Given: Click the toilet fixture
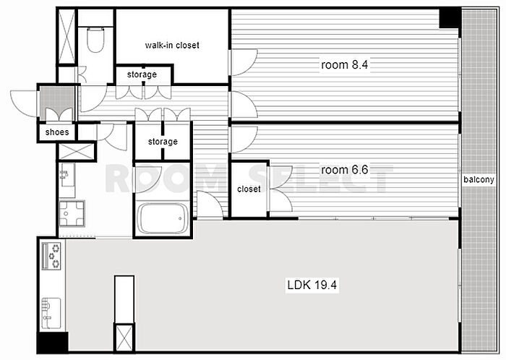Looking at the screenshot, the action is (96, 40).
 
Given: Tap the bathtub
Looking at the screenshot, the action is (163, 218).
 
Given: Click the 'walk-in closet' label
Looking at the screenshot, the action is (172, 45).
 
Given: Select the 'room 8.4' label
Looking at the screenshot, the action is (344, 65).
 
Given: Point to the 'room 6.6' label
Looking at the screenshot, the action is (344, 170).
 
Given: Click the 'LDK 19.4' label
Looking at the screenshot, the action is (312, 285).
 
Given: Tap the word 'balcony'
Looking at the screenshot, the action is (479, 179).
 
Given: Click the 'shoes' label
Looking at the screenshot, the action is (57, 132).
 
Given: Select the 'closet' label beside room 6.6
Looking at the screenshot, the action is (249, 189).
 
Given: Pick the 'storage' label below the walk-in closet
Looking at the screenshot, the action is (142, 74).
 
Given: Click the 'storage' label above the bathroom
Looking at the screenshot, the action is (163, 141).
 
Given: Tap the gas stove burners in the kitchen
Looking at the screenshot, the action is (51, 256).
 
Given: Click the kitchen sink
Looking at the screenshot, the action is (51, 313).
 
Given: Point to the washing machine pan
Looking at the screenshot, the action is (72, 213).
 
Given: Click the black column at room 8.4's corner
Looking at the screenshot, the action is (450, 18).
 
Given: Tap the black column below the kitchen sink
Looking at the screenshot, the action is (52, 342).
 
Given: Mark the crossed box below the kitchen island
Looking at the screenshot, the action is (124, 338).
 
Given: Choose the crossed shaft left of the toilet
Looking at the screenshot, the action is (67, 36).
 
